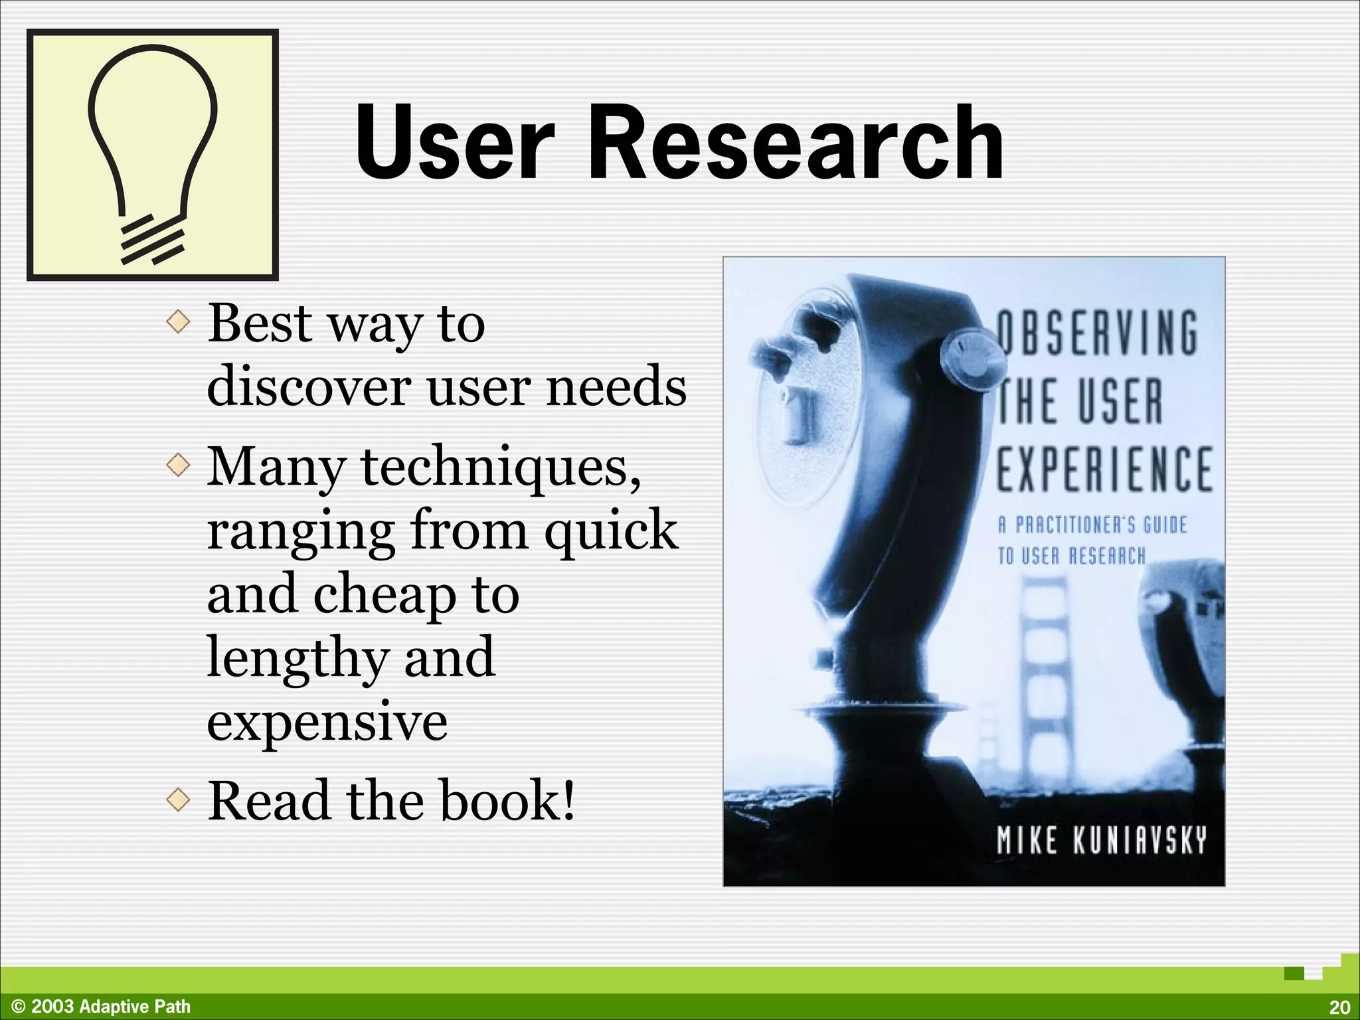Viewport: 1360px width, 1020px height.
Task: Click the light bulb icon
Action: point(152,155)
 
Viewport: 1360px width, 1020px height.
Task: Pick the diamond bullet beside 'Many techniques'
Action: point(178,466)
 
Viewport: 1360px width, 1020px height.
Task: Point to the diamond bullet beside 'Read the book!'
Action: point(178,800)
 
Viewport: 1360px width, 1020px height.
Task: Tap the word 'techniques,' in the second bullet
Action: point(501,467)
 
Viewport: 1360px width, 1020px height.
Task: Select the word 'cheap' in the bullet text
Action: point(384,594)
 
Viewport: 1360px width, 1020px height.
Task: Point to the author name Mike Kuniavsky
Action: point(1101,840)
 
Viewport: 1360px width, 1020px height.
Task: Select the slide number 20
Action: point(1339,1007)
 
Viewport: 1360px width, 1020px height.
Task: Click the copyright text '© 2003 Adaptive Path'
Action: point(101,1007)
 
